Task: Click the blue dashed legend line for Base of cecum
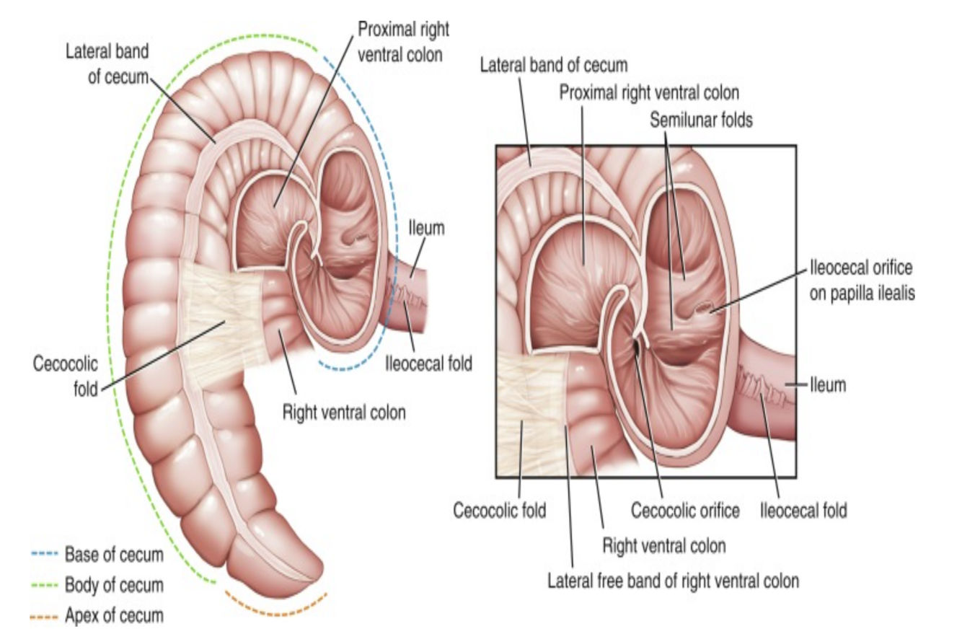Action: tap(45, 555)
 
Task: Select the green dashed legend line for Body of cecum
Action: tap(45, 585)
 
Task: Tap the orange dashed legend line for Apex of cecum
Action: tap(45, 615)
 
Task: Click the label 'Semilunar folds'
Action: tap(701, 120)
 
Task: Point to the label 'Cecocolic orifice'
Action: tap(685, 511)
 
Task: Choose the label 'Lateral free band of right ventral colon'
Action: tap(674, 580)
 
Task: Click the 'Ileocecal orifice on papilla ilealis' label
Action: tap(860, 281)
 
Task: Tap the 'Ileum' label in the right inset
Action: tap(826, 385)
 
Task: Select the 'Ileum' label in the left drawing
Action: tap(427, 229)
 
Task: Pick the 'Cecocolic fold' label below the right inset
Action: tap(499, 511)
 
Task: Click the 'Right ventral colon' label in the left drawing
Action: tap(343, 413)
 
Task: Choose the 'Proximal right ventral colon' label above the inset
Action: tap(649, 92)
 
